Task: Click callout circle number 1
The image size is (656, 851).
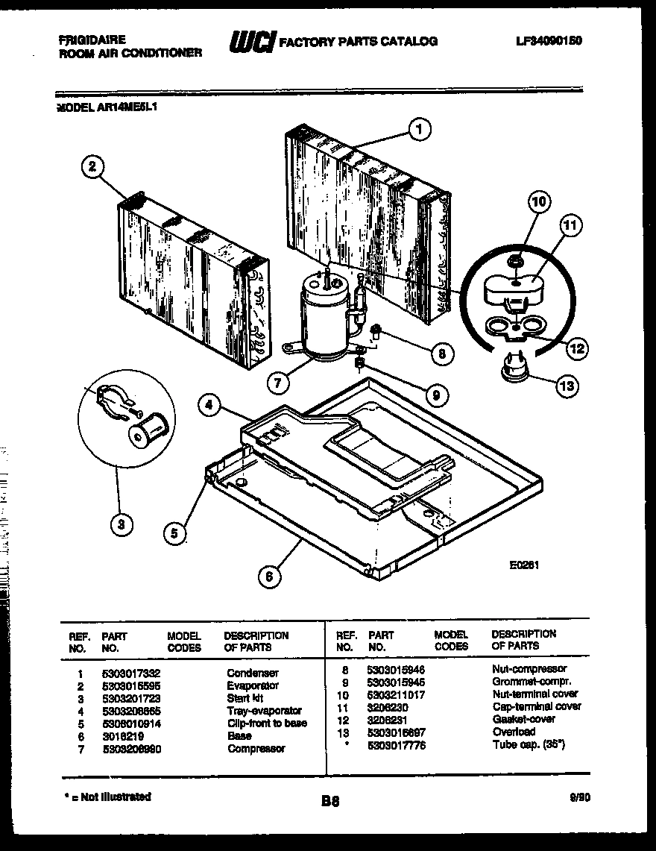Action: pyautogui.click(x=420, y=130)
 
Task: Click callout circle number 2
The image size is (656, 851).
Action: pyautogui.click(x=92, y=167)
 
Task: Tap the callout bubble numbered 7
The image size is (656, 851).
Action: pyautogui.click(x=277, y=383)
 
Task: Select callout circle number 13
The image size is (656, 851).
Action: pyautogui.click(x=567, y=386)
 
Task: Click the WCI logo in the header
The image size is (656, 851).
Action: pyautogui.click(x=251, y=42)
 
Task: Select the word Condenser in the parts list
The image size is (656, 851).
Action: pyautogui.click(x=252, y=673)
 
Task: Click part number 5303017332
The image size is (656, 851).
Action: pyautogui.click(x=131, y=673)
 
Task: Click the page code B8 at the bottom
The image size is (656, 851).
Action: pyautogui.click(x=330, y=802)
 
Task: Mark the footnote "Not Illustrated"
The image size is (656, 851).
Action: pyautogui.click(x=108, y=797)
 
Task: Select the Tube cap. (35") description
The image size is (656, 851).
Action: pyautogui.click(x=528, y=745)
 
